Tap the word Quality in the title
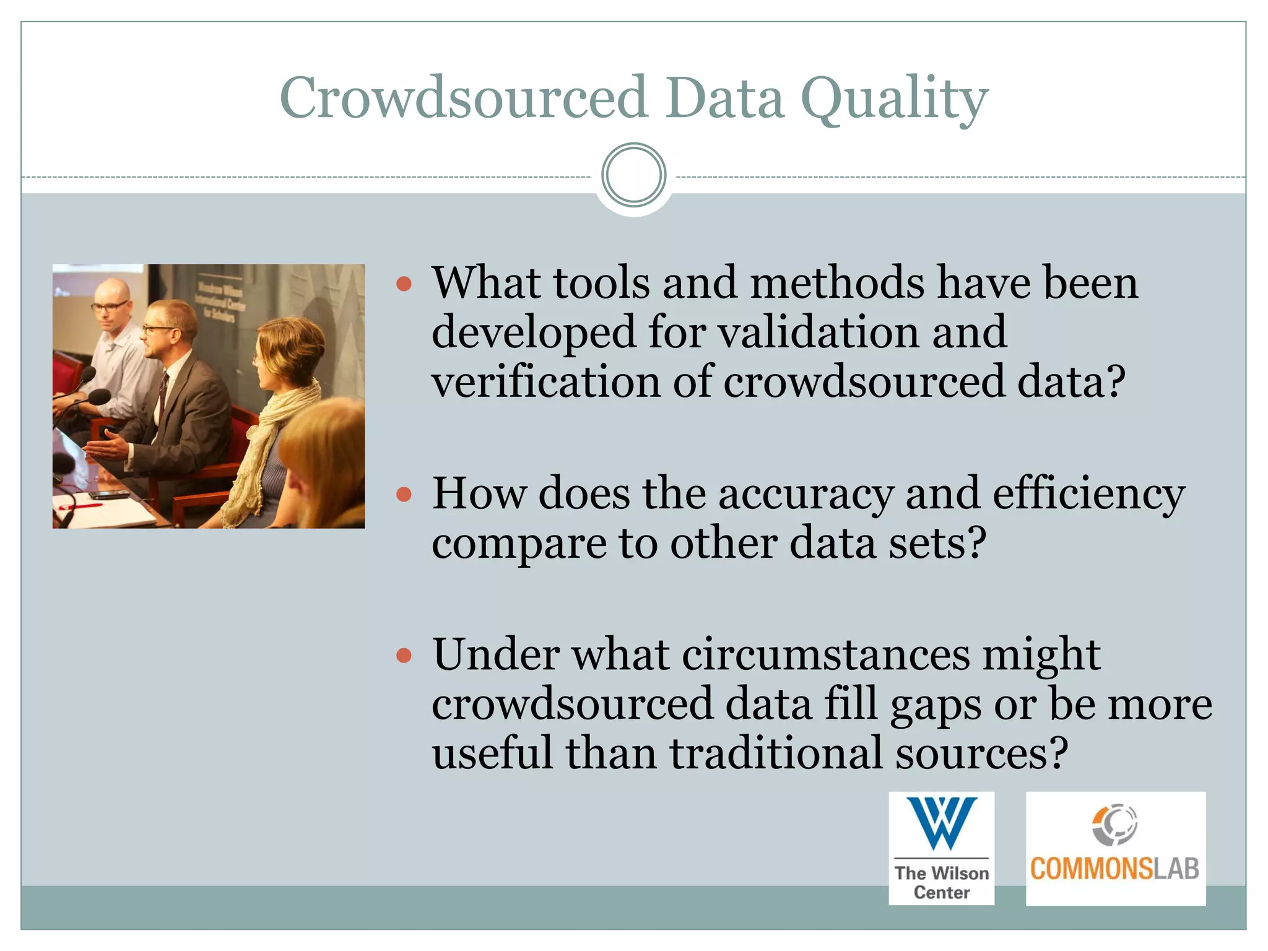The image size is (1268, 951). coord(894,99)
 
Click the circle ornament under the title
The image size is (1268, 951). coord(633,175)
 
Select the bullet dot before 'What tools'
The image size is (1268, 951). coord(404,284)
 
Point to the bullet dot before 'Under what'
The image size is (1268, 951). coord(404,655)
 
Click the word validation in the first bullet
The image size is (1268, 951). coord(818,332)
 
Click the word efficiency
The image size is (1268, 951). coord(1088,494)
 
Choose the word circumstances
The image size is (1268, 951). coord(826,654)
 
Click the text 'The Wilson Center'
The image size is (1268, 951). coord(941,882)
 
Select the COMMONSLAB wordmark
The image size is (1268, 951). coord(1114,869)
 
